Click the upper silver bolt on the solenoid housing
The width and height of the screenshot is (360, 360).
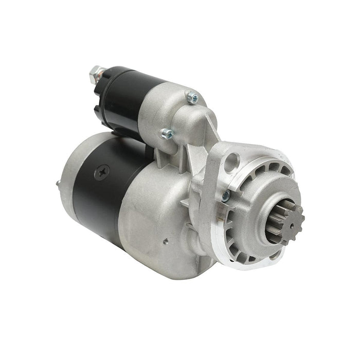[192, 96]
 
